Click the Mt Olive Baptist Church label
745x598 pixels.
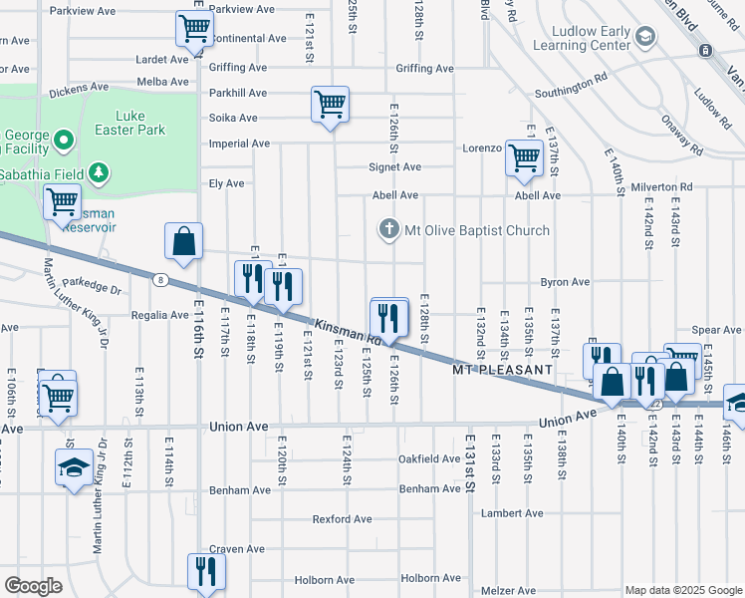click(x=476, y=230)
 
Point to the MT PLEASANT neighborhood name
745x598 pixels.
click(x=502, y=370)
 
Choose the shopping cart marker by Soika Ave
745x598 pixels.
click(x=329, y=104)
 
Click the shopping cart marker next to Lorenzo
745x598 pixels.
click(x=524, y=157)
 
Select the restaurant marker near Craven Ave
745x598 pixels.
click(x=206, y=571)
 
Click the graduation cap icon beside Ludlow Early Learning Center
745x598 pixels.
click(x=645, y=37)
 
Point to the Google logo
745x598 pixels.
click(x=33, y=586)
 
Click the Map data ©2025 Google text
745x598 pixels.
click(x=682, y=589)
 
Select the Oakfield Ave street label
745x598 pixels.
click(x=429, y=459)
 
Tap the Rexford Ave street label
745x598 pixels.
click(x=342, y=519)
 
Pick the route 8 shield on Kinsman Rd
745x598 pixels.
click(x=159, y=280)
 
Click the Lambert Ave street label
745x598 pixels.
click(x=511, y=513)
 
